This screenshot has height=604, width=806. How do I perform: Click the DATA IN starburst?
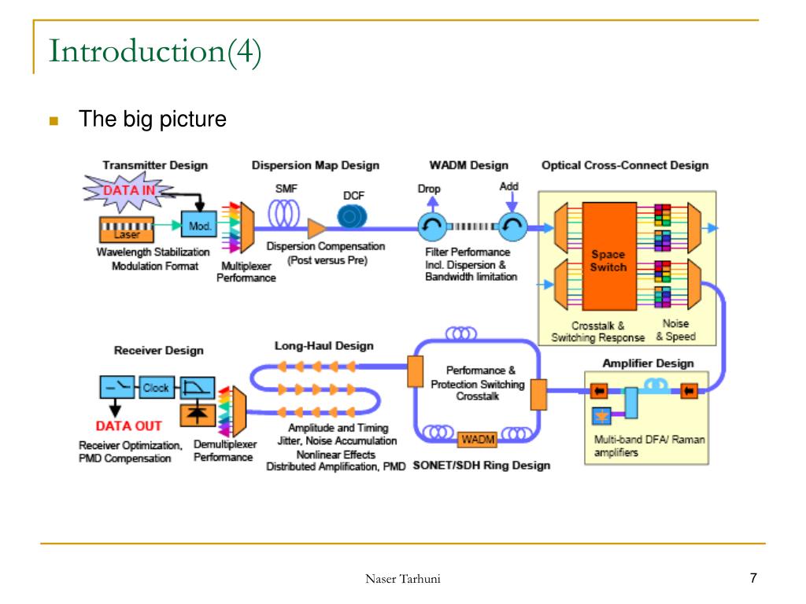coord(128,191)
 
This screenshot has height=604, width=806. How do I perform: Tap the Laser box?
coord(127,229)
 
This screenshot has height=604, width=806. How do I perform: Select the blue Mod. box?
coord(199,226)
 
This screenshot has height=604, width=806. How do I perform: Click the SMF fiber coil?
coord(283,213)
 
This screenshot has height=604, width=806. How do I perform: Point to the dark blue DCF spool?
coord(352,217)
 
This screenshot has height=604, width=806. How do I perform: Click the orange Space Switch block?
coord(609,256)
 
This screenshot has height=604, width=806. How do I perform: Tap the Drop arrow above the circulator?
coord(433,204)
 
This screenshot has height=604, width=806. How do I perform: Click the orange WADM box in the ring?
coord(478,439)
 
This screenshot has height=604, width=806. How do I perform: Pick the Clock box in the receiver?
coord(155,388)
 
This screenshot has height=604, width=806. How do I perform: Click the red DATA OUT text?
coord(128,425)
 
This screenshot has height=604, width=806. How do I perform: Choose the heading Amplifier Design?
coord(649,363)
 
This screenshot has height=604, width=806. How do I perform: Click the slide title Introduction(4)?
coord(155,51)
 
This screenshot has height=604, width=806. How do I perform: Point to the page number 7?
coord(753,578)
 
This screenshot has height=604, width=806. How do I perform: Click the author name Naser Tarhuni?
coord(402,579)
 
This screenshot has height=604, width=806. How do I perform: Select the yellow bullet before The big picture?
coord(54,121)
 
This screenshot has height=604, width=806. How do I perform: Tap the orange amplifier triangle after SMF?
coord(316,228)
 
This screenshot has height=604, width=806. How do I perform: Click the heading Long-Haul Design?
coord(324,346)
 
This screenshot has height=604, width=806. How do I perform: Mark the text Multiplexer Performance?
coord(246,271)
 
